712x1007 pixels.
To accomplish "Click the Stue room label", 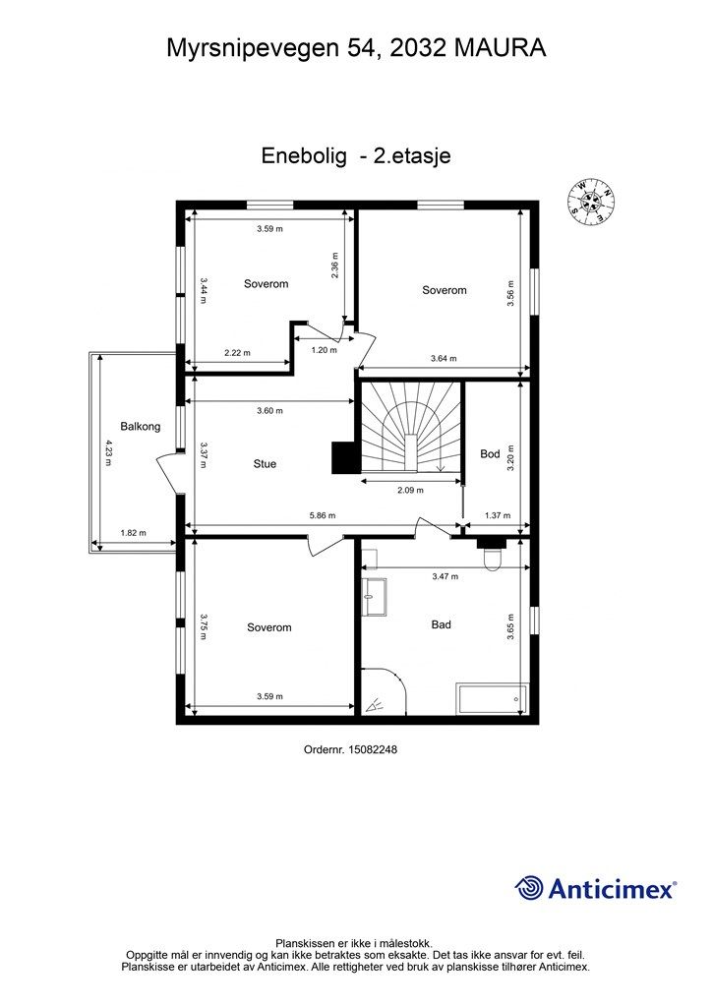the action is tap(265, 464).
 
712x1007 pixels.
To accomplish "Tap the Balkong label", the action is tap(141, 427).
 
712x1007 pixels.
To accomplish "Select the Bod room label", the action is tap(490, 454).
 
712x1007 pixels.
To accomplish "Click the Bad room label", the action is tap(442, 624).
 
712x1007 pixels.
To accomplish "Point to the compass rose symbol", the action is tap(591, 201).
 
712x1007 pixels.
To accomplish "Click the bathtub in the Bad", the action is tap(492, 699).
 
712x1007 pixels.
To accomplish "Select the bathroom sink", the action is tap(374, 597).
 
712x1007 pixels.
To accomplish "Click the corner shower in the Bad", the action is tap(383, 691).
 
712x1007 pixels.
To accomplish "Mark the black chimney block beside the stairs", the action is tap(343, 457).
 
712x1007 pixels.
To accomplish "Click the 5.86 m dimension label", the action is tap(323, 515).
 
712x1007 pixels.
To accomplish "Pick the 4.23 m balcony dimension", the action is tap(108, 452).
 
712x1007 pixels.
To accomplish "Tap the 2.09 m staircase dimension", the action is tap(410, 490).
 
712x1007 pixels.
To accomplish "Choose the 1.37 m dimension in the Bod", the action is tap(498, 515).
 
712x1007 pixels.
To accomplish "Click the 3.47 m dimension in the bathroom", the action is tap(445, 576).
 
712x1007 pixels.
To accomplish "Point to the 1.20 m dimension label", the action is tap(324, 350).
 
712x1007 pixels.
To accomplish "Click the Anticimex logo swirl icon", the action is tap(529, 888).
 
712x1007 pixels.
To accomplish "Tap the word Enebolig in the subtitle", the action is tap(304, 156).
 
